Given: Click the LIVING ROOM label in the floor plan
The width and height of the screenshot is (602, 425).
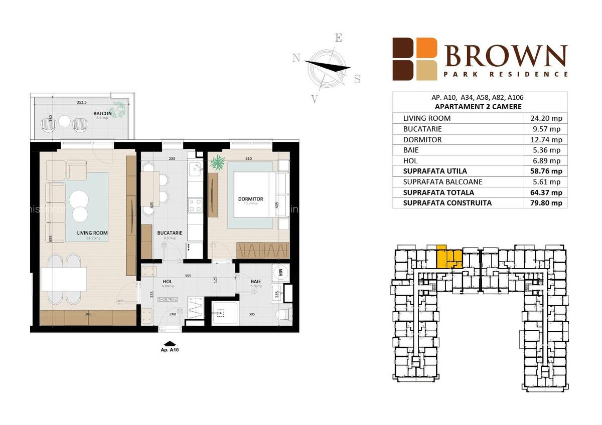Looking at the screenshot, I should pos(92,233).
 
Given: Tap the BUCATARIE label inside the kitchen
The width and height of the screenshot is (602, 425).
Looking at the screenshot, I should pos(169,233).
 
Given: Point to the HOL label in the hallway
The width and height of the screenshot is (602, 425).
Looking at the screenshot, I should pos(168,282).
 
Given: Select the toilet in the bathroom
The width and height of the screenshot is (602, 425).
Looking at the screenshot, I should pos(284,314).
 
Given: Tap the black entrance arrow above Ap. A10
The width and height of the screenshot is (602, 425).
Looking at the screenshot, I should pos(170,343).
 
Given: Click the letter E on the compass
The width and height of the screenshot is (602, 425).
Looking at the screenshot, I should pos(339,39).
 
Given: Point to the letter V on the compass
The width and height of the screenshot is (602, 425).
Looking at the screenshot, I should pos(315,99).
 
